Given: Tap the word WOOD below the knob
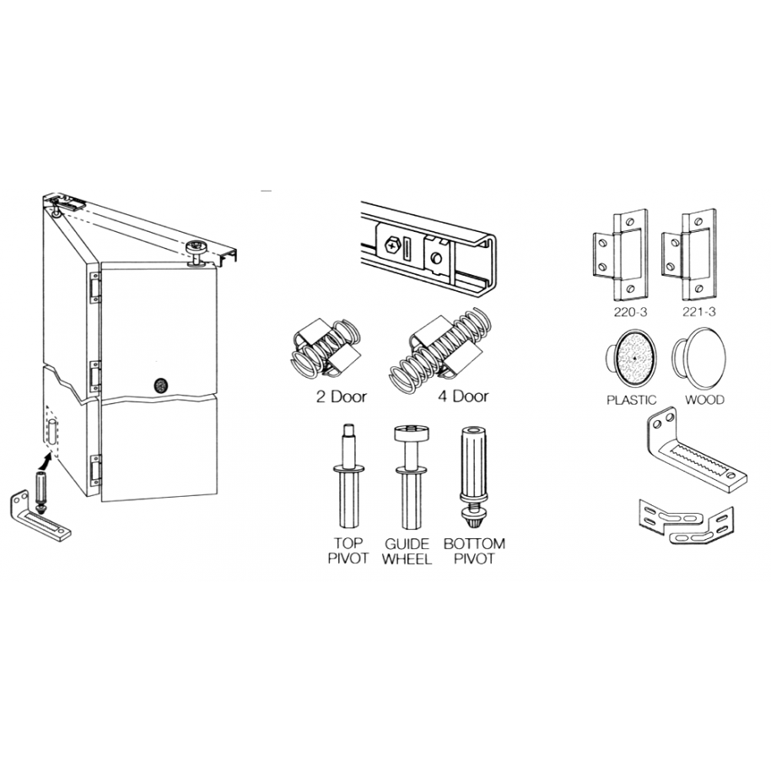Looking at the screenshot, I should coord(704,400).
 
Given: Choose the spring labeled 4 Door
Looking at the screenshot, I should coord(439,350).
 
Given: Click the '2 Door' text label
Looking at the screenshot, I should coord(342,396).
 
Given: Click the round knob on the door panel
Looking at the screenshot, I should coord(161,385).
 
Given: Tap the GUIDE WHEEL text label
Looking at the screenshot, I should coord(408,551).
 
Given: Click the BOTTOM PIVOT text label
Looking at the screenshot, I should coord(474,551).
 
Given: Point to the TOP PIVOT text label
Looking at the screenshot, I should coord(348,551).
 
